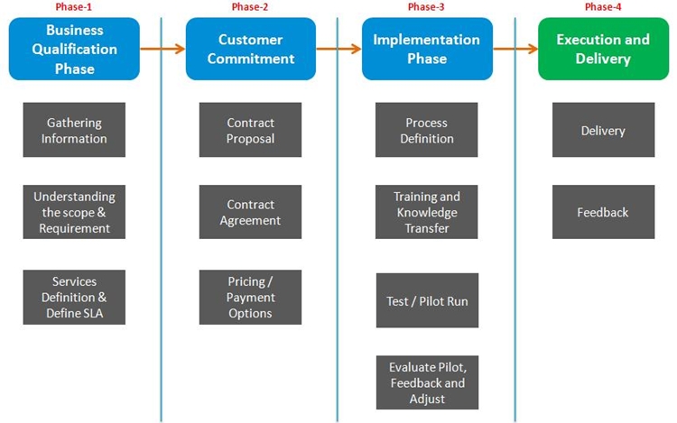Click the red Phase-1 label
point(73,7)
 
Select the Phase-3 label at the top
point(426,7)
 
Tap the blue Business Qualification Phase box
point(74,49)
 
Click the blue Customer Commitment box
point(251,49)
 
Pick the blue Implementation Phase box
point(427,49)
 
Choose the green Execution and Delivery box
point(603,49)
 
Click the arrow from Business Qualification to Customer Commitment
point(162,49)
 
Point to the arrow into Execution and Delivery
point(515,49)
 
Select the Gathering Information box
point(74,130)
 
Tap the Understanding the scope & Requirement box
point(74,212)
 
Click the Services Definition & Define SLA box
point(74,297)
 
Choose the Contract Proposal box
point(250,130)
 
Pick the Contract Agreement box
point(250,212)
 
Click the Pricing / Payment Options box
point(250,297)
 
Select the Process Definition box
point(427,130)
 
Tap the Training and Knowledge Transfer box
point(427,212)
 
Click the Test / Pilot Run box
point(428,300)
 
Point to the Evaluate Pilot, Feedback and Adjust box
point(428,382)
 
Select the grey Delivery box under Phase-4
point(604,130)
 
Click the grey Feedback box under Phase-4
point(604,212)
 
